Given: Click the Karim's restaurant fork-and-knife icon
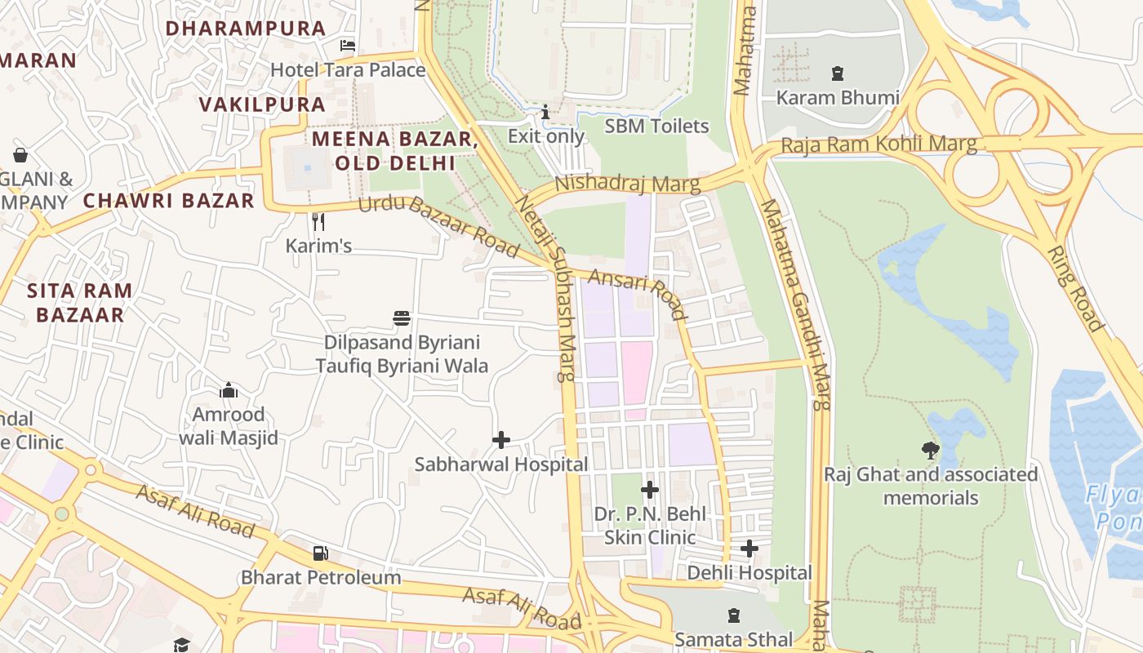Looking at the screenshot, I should click(x=318, y=221).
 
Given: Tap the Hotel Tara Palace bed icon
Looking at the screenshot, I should click(x=348, y=46).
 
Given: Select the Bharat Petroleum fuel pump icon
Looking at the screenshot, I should click(x=320, y=553).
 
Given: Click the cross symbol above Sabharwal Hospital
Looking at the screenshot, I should click(x=501, y=440).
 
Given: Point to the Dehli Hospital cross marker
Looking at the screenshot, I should click(x=749, y=549).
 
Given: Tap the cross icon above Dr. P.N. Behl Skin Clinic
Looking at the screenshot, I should click(x=650, y=490).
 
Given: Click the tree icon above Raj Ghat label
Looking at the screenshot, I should click(x=930, y=450).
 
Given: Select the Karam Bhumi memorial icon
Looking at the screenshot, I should click(x=838, y=74).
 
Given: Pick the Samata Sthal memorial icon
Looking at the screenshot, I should click(x=733, y=615).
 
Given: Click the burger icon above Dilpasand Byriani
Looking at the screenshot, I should click(x=402, y=318).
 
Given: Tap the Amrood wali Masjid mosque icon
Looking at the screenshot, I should click(x=229, y=390).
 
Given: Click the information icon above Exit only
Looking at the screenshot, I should click(x=545, y=112).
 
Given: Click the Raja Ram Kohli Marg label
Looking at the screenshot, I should click(x=878, y=145).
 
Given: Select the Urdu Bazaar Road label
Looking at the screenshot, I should click(x=438, y=226).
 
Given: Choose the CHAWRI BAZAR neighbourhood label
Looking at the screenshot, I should click(x=169, y=200).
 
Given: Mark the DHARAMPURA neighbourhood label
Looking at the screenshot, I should click(x=246, y=28).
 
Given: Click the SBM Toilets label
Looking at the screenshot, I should click(x=656, y=127).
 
